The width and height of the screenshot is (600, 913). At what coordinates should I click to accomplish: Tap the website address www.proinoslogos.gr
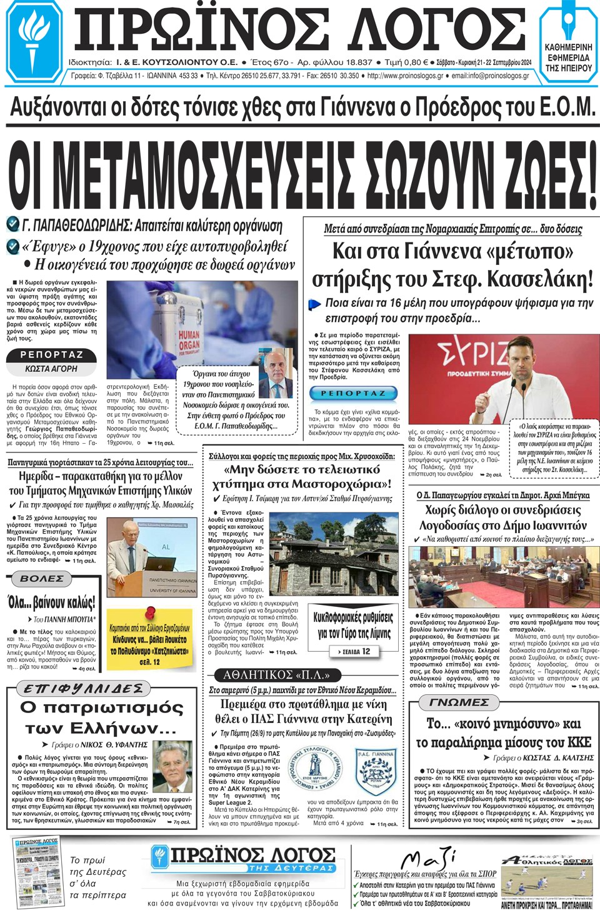tap(405, 76)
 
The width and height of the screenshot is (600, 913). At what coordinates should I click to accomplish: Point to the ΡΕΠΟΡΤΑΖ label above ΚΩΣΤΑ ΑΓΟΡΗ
tap(52, 355)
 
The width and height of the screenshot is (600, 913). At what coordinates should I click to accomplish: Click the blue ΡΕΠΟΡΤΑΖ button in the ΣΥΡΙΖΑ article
tap(353, 393)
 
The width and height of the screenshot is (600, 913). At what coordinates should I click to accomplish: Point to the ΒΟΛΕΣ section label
tap(41, 579)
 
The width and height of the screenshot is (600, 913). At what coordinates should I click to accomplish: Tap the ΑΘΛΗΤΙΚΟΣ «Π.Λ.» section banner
tap(276, 675)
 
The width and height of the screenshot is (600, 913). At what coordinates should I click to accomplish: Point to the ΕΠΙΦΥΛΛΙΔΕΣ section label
tap(84, 689)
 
